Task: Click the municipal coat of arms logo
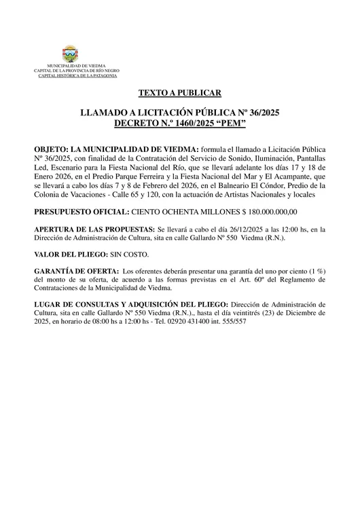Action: [71, 54]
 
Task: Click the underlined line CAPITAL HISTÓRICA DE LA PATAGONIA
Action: [71, 75]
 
